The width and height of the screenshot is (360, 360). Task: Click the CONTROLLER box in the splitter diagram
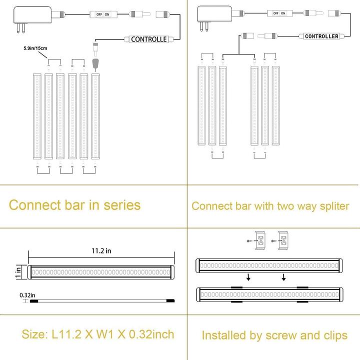coord(321,36)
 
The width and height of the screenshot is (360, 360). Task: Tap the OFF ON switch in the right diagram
coord(277,13)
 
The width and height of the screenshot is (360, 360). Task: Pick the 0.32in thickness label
coord(27,295)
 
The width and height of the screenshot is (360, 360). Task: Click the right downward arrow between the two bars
coord(283,277)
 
